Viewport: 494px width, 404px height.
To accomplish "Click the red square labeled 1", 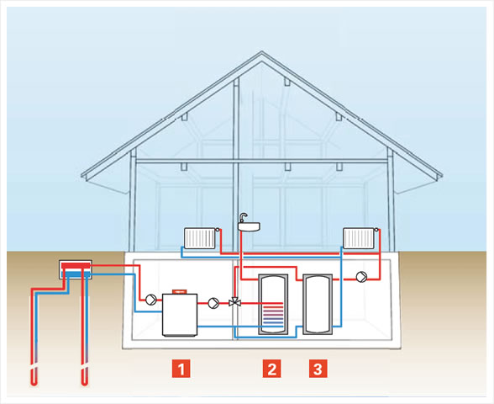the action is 181,369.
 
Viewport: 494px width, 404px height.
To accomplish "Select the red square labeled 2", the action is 272,369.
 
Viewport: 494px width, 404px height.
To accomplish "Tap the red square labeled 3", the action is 318,369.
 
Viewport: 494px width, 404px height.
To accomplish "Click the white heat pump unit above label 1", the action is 180,315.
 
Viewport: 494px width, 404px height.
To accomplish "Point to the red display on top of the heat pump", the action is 180,291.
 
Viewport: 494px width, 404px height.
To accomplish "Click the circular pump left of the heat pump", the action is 151,300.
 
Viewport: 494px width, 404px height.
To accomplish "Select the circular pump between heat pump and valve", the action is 213,303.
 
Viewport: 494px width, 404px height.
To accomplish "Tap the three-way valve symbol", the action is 234,301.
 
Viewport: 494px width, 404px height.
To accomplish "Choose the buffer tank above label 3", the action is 318,305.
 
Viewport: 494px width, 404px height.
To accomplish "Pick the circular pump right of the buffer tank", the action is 361,276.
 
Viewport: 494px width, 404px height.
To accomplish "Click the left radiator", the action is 200,238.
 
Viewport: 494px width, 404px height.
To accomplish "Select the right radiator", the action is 359,238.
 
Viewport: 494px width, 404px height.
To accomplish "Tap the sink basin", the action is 249,226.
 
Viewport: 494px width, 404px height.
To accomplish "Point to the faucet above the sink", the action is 244,217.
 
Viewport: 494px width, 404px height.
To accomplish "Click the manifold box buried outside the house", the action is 76,269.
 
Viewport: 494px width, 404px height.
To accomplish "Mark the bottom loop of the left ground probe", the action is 34,382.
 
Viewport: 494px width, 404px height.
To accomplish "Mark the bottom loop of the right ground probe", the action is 84,382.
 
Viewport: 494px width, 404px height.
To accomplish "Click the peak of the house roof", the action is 261,52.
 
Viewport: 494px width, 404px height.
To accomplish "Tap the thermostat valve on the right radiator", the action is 376,230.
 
